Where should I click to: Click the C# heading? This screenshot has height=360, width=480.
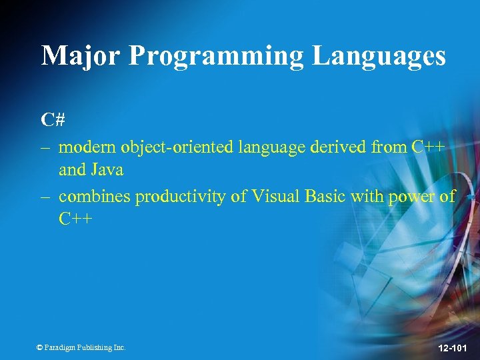(x=52, y=121)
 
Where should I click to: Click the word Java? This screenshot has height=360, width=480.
(x=107, y=170)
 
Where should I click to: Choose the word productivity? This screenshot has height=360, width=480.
(x=173, y=196)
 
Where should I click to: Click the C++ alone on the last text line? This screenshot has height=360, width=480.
(x=75, y=219)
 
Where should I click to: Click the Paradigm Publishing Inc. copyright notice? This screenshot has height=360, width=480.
(x=81, y=347)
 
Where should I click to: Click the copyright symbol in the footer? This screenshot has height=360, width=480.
(x=40, y=347)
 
